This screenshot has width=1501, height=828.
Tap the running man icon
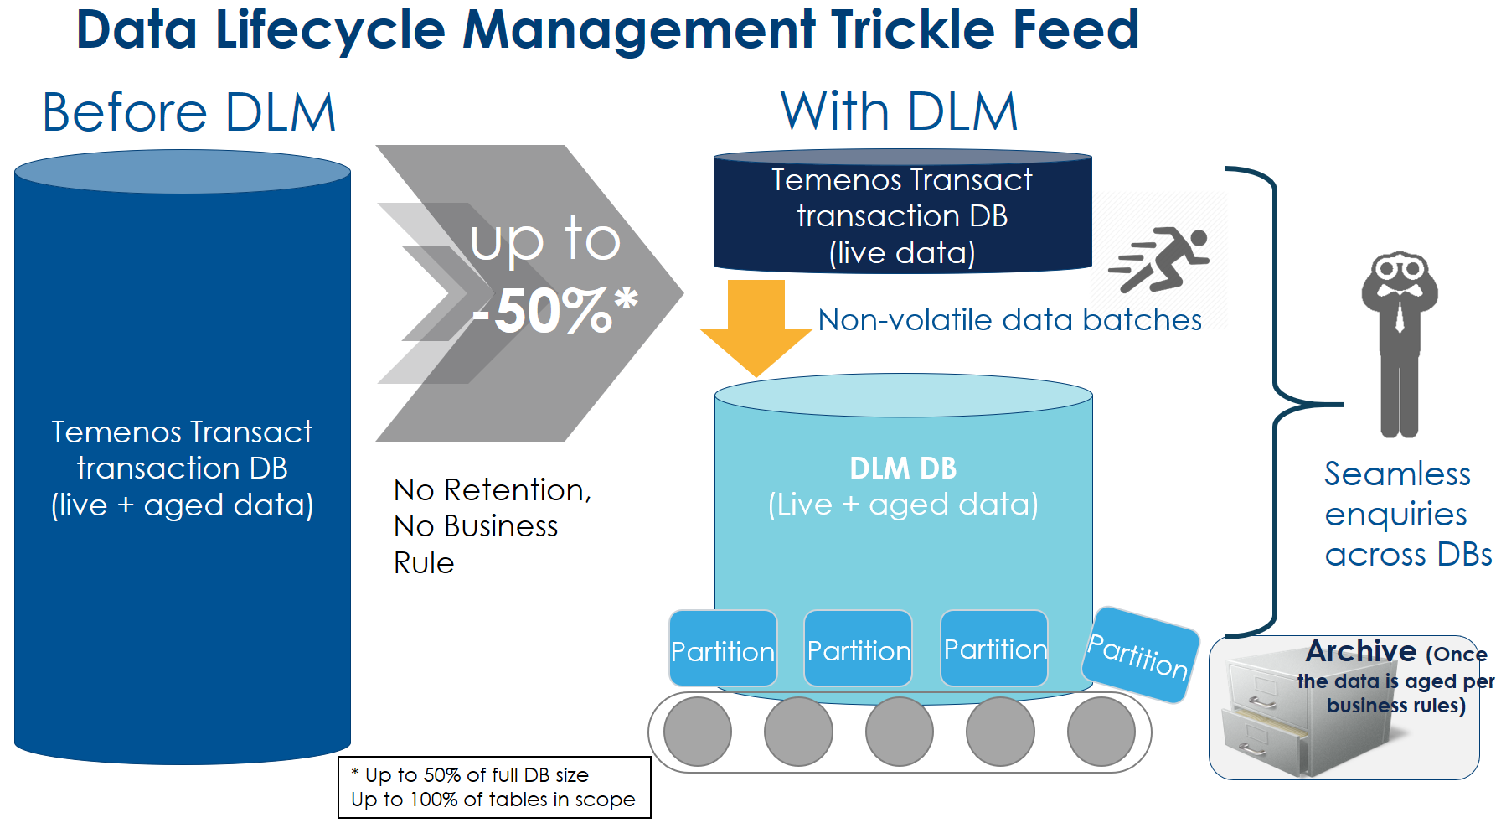[1160, 259]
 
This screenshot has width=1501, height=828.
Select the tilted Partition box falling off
[1140, 655]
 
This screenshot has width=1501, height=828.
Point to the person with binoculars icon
[1399, 344]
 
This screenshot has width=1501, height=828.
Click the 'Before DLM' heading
[189, 113]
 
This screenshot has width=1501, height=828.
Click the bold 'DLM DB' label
[903, 468]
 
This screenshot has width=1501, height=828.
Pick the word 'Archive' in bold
[1361, 651]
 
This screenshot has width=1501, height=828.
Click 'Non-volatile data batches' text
[1009, 320]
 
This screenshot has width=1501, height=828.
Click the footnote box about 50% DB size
[494, 787]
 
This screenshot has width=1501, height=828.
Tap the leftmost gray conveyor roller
[698, 732]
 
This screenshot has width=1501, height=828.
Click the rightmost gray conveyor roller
[1101, 732]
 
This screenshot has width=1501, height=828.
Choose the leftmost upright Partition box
[723, 649]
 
